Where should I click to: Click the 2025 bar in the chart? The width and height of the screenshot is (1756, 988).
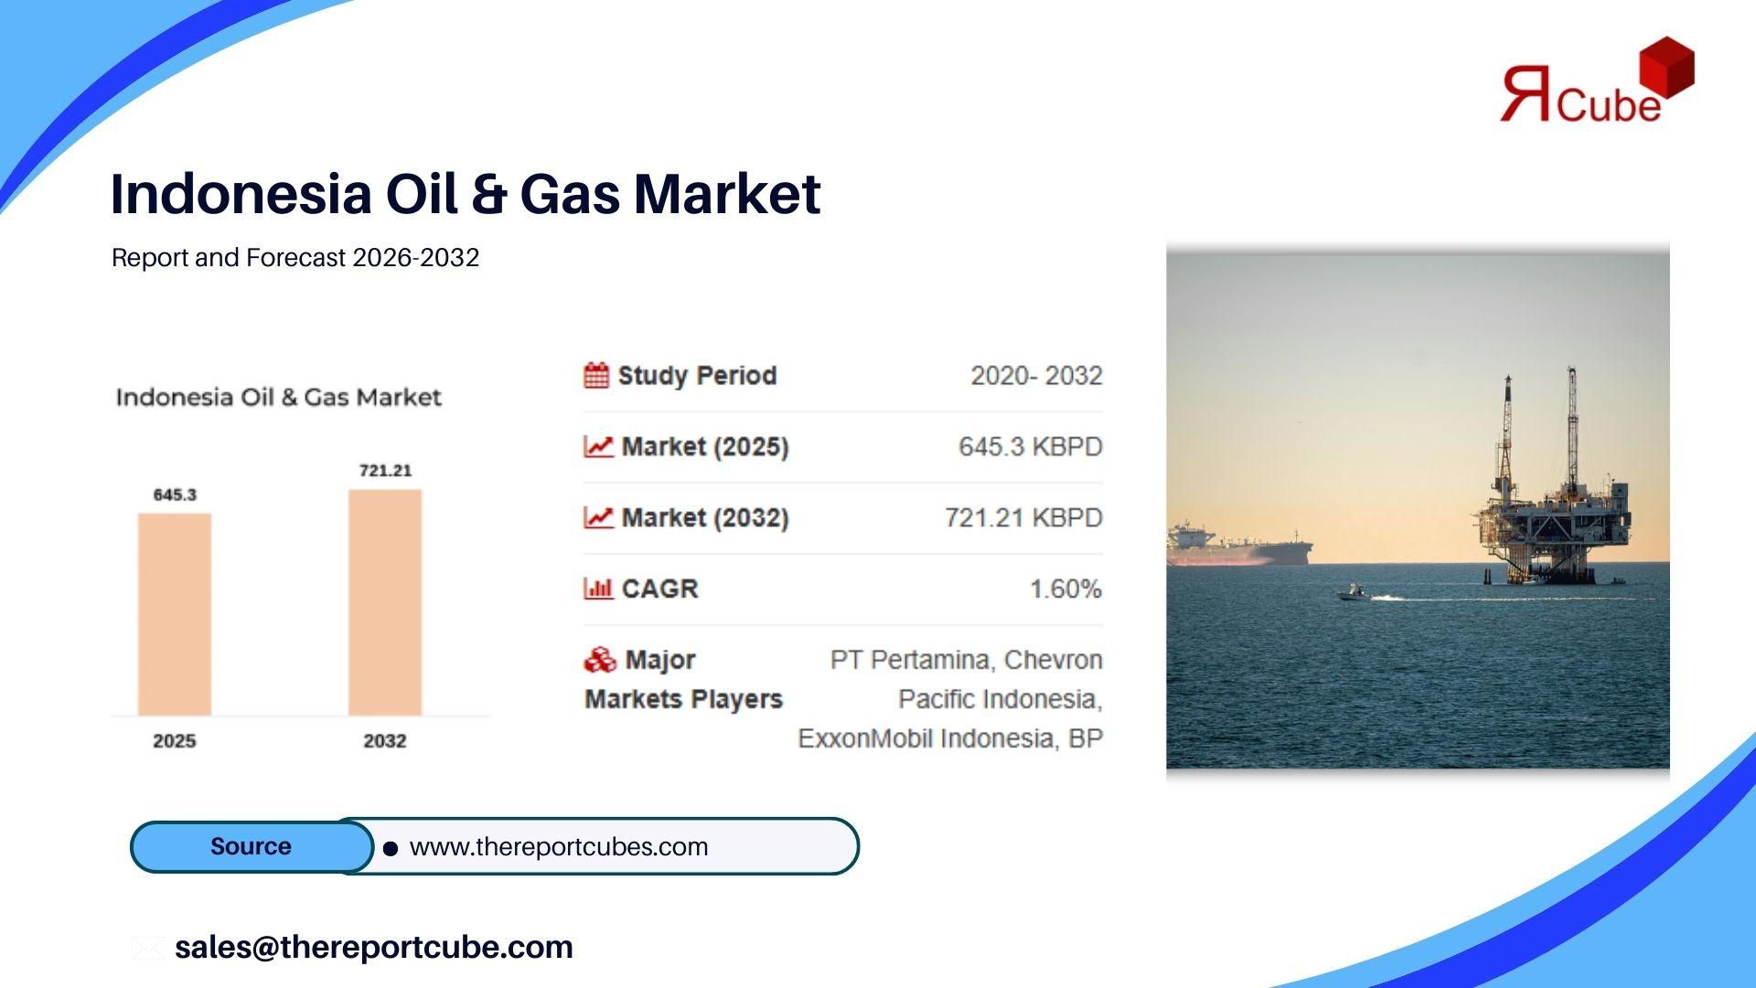point(175,614)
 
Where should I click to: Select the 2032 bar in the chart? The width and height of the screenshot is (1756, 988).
point(385,602)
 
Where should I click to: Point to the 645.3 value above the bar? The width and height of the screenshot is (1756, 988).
point(175,495)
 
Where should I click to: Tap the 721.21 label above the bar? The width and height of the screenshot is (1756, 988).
point(385,470)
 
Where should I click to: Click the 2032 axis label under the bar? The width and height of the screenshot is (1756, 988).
point(385,741)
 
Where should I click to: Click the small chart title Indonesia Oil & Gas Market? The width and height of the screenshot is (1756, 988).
point(279,397)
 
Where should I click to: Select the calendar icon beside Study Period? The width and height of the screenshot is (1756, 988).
point(596,375)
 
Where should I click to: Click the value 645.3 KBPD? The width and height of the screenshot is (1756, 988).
point(1031,446)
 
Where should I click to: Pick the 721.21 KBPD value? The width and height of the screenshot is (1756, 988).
point(1023,518)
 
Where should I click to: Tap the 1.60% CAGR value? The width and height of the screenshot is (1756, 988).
point(1065,589)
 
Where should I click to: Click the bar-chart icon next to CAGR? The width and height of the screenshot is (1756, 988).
point(598,588)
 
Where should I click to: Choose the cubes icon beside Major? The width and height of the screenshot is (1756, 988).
point(600,660)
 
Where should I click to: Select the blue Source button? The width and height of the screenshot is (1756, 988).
point(252,846)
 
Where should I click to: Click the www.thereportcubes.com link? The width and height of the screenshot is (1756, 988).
point(559,847)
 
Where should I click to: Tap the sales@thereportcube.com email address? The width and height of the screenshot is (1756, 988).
point(374,947)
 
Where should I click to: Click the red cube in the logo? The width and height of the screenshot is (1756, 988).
point(1667,67)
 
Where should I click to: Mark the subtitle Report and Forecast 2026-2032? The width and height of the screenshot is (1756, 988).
point(295,258)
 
